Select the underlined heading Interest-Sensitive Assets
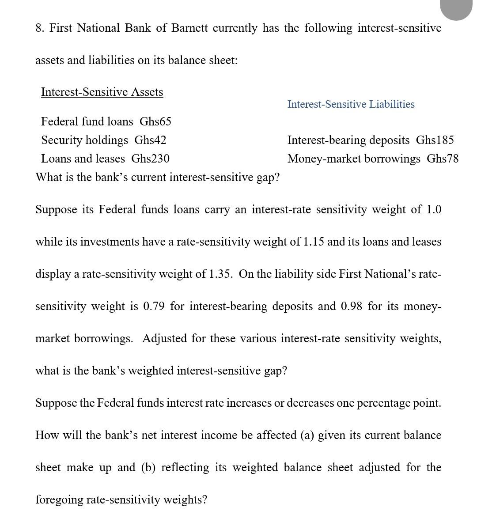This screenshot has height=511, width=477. [x=102, y=92]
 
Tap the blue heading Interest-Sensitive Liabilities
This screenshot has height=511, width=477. [x=351, y=104]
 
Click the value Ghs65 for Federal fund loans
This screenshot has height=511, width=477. [x=155, y=121]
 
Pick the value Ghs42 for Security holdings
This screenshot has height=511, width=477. [x=150, y=140]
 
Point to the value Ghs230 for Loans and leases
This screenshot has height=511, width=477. [x=151, y=159]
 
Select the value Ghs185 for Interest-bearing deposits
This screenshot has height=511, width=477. [x=435, y=140]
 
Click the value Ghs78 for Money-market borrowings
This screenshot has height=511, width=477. [x=443, y=159]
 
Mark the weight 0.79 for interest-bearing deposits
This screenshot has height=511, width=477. [x=154, y=307]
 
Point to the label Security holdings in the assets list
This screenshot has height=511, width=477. [x=84, y=140]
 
